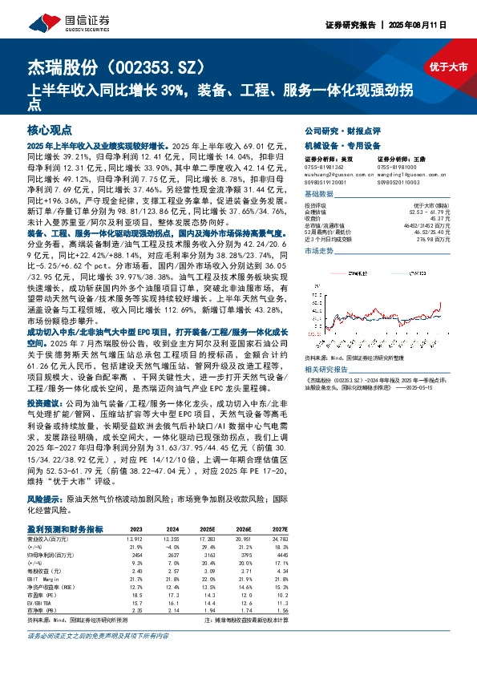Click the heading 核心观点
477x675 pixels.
pyautogui.click(x=50, y=128)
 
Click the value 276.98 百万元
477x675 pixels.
pyautogui.click(x=437, y=239)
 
